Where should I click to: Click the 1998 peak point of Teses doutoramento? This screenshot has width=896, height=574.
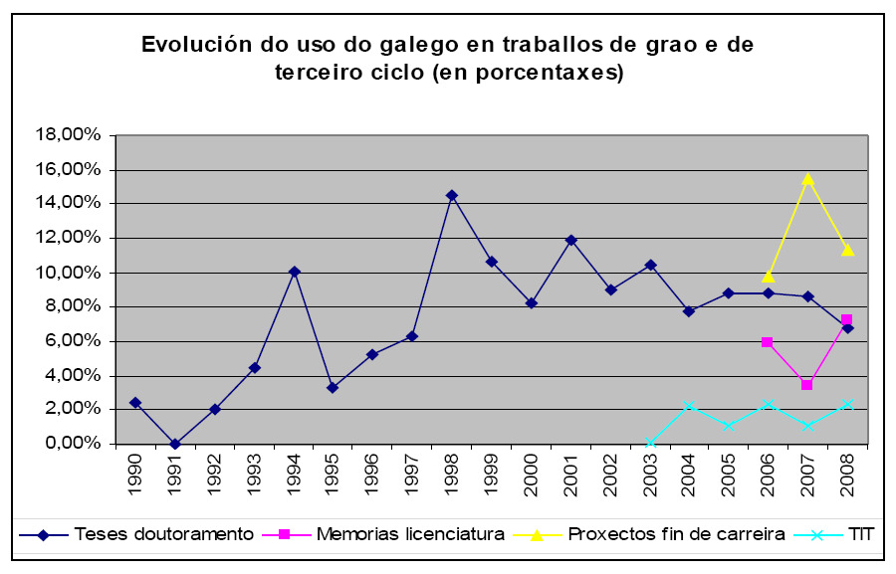451,195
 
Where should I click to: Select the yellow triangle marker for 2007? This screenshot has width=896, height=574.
807,179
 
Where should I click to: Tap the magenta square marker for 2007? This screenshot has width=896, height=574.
807,384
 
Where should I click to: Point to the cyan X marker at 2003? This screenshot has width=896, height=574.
649,444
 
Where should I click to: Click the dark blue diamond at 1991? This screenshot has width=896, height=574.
174,444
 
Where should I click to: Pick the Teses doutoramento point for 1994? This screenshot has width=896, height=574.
294,271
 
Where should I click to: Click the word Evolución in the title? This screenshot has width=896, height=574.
193,46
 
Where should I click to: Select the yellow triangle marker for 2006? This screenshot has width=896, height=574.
768,276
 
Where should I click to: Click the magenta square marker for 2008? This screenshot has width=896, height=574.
846,320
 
